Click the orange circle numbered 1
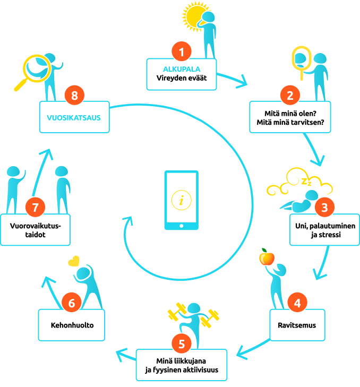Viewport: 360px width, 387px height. click(x=182, y=51)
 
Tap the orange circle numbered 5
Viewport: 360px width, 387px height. click(x=182, y=343)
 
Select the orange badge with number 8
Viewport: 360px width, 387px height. click(x=74, y=95)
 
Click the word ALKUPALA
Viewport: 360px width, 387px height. click(x=182, y=69)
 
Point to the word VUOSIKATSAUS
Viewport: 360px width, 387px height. click(x=74, y=118)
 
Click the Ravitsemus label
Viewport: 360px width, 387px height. click(x=297, y=325)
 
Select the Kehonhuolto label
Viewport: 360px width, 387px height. click(x=72, y=325)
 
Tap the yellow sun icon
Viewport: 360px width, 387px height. click(x=195, y=16)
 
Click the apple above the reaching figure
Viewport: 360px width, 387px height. click(x=267, y=257)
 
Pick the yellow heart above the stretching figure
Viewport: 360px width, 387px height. click(x=74, y=261)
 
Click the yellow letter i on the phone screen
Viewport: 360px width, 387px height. click(x=182, y=200)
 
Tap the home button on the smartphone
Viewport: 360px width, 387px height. click(x=182, y=226)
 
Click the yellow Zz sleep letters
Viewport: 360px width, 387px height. click(x=306, y=182)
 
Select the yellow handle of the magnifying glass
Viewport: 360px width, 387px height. click(x=22, y=84)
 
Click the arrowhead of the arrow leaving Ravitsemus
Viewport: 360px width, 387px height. click(x=241, y=354)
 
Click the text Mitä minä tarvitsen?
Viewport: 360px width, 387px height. click(x=290, y=123)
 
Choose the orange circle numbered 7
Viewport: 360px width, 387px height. click(x=35, y=207)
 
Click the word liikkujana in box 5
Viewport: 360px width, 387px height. click(x=190, y=361)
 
